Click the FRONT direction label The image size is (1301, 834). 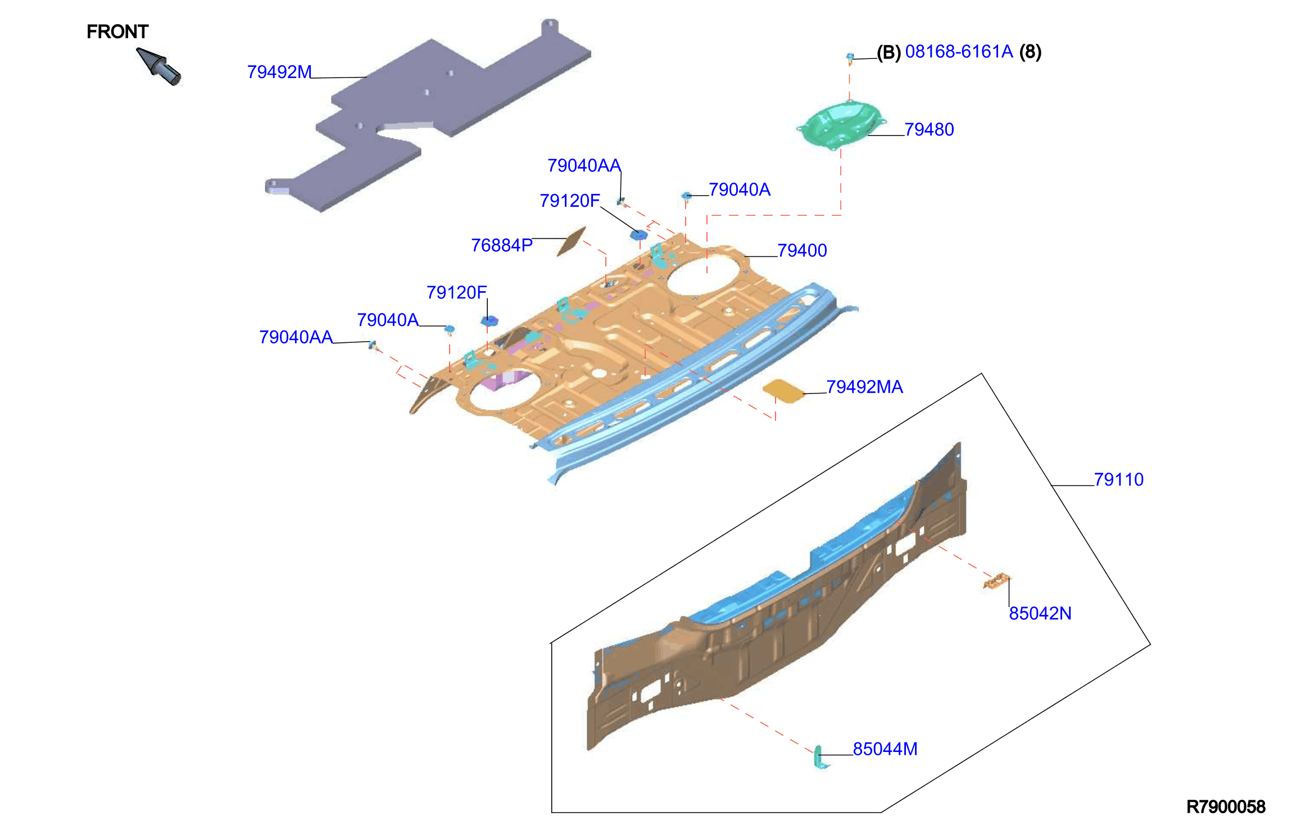(x=117, y=32)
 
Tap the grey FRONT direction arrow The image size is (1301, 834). (x=158, y=66)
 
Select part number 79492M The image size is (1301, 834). (x=279, y=72)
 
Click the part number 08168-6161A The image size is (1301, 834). (x=959, y=52)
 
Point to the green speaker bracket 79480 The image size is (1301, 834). (x=841, y=125)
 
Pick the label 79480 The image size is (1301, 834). (x=929, y=130)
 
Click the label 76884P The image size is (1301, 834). (x=501, y=246)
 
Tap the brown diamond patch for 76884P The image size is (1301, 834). (x=572, y=241)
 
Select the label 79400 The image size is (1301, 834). (x=802, y=251)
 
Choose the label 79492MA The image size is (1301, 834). (x=864, y=387)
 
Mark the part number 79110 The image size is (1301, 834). (x=1118, y=480)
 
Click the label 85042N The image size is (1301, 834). (x=1040, y=614)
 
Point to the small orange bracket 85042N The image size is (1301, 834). (x=996, y=581)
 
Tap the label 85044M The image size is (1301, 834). (x=885, y=749)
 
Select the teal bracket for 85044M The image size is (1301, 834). (x=820, y=757)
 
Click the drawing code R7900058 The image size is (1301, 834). (x=1226, y=807)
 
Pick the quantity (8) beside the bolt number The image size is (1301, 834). (x=1030, y=52)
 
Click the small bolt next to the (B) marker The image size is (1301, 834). (x=850, y=58)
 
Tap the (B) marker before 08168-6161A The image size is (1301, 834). (x=889, y=52)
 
